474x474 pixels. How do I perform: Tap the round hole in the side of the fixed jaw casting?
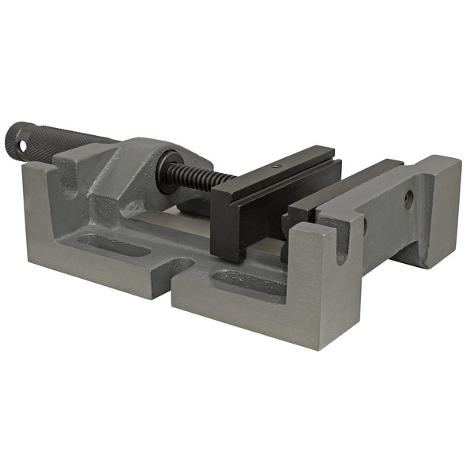(x=408, y=199)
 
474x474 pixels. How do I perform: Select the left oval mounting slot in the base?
(x=114, y=244)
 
